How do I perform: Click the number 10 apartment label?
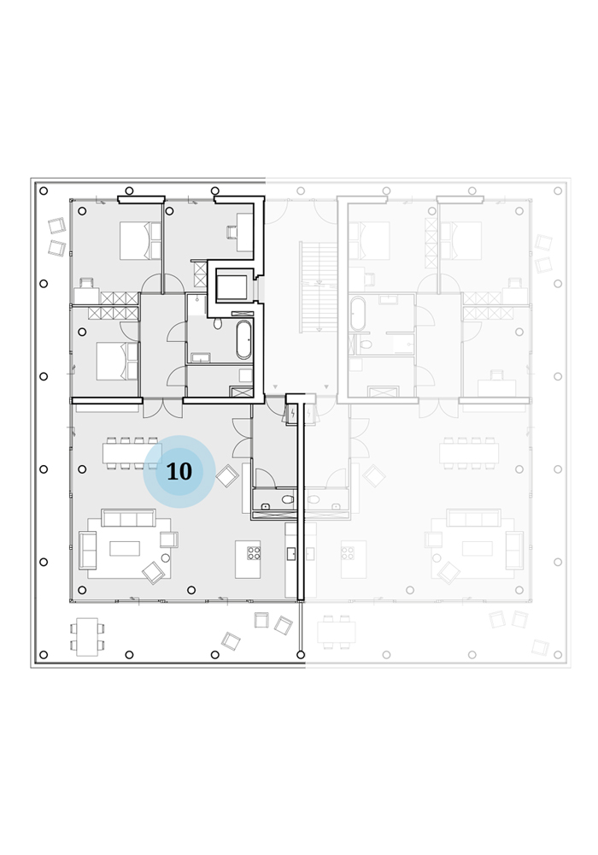coord(179,472)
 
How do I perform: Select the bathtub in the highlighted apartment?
coord(243,339)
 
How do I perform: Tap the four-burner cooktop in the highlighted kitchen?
coord(254,553)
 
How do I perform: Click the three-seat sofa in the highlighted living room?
coord(128,518)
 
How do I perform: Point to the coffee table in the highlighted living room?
coord(125,549)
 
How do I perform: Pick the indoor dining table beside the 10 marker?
coord(132,452)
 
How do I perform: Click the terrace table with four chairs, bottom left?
coord(87,637)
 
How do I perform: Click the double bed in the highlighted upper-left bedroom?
coord(140,240)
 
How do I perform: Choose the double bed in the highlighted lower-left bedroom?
coord(117,361)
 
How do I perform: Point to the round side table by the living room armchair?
coord(166,557)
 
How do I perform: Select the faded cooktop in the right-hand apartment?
coord(348,553)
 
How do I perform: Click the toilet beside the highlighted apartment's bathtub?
coord(218,324)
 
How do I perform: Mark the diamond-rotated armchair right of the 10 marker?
coord(227,476)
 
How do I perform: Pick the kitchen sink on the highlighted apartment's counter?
coord(290,554)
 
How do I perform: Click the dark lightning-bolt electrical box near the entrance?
coord(293,414)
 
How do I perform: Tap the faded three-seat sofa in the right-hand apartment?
coord(473,518)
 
